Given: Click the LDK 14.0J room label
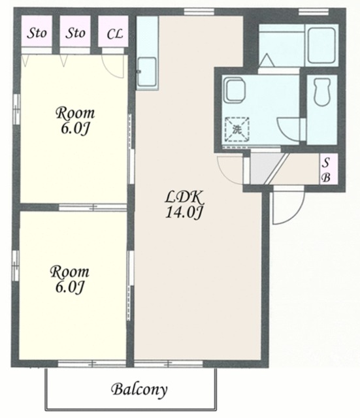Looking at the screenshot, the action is pos(184,204).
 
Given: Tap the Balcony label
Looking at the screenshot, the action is pos(139,389).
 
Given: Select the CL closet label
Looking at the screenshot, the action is pos(115,34).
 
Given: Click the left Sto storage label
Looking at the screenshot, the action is pos(37,33).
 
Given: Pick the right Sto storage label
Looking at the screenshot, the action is pos(76,33).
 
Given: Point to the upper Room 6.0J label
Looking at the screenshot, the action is pos(75,121).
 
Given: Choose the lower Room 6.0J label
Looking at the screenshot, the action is pos(70,280).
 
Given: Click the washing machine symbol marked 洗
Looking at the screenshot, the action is pos(237,129).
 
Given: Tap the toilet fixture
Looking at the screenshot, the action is pos(322,91).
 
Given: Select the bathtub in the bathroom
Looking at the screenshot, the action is pos(321,45).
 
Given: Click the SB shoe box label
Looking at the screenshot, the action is pos(326,169).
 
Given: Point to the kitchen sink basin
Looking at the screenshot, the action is pos(146,71).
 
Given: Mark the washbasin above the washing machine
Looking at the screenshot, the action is pos(235,89).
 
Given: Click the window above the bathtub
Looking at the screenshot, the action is pos(314,11).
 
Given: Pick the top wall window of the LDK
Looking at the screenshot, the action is pos(199,12).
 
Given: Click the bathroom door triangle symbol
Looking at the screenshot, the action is pos(266,59).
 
